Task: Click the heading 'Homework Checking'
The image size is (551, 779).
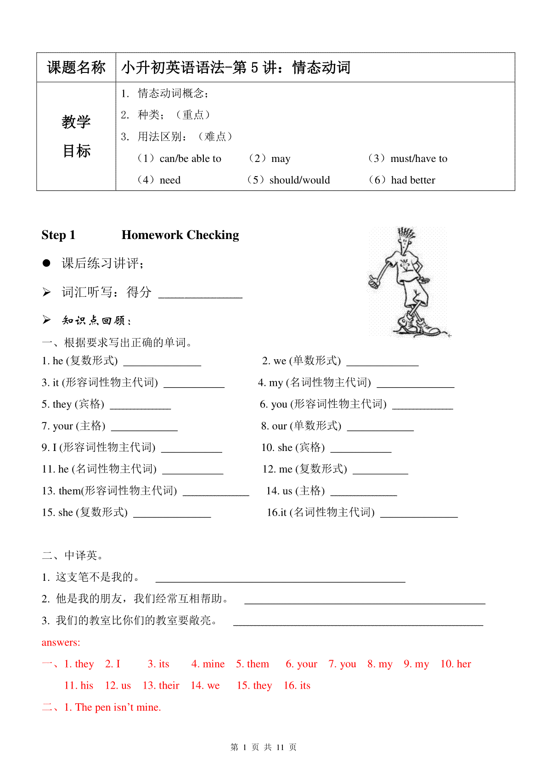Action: coord(180,235)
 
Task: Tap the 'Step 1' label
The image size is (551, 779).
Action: coord(58,235)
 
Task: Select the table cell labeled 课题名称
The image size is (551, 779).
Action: coord(76,67)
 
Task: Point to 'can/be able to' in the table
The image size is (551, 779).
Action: coord(190,159)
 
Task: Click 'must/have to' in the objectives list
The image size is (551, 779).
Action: coord(418,159)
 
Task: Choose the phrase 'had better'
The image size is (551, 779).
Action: coord(413,180)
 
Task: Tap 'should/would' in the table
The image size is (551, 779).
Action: coord(299,180)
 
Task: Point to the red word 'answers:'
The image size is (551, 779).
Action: coord(61,642)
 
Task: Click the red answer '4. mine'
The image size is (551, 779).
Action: coord(208,664)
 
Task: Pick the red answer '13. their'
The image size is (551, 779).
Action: coord(161,685)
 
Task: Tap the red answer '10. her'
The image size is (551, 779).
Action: coord(455,664)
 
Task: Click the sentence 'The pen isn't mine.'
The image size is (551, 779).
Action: coord(118,707)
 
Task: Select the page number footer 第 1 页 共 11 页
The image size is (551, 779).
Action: coord(264,747)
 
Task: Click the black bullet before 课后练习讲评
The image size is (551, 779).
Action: coord(46,263)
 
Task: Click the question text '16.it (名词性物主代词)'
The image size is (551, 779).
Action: coord(320,512)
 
